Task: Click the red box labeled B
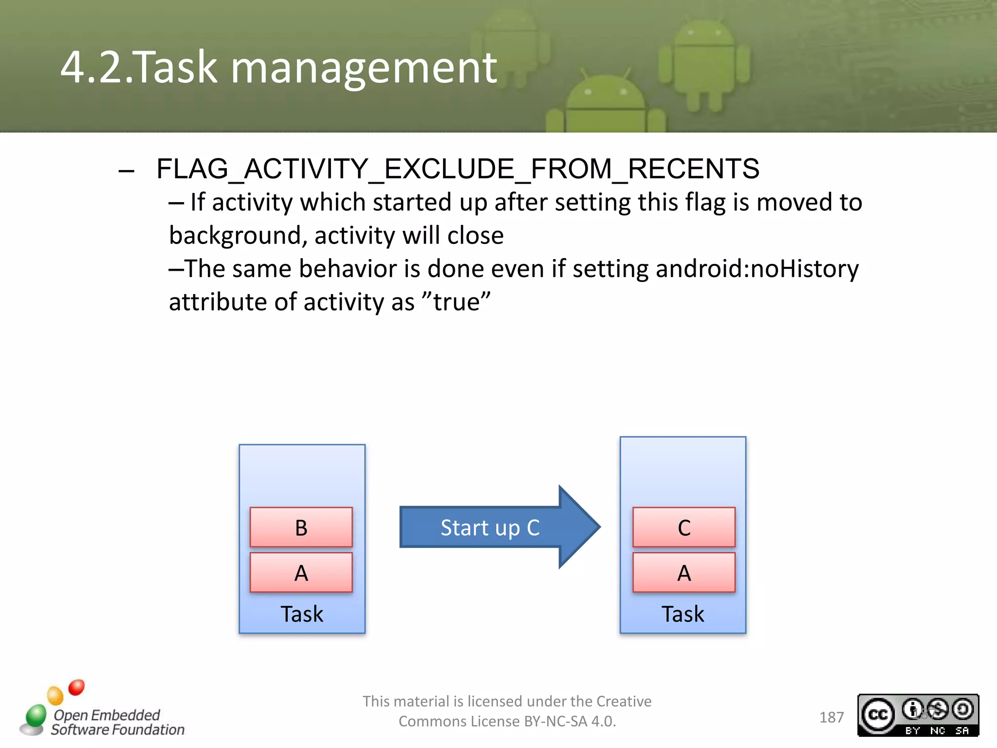301,527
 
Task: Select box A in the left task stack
301,573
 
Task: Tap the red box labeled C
683,527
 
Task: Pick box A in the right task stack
683,573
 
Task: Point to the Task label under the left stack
302,614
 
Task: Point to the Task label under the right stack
683,614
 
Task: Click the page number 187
831,717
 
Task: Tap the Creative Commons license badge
918,715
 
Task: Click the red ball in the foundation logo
76,687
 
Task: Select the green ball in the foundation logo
36,715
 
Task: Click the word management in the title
364,68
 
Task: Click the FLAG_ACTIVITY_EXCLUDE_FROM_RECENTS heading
458,169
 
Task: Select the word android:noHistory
757,269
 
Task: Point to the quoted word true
456,302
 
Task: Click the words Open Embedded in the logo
107,715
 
